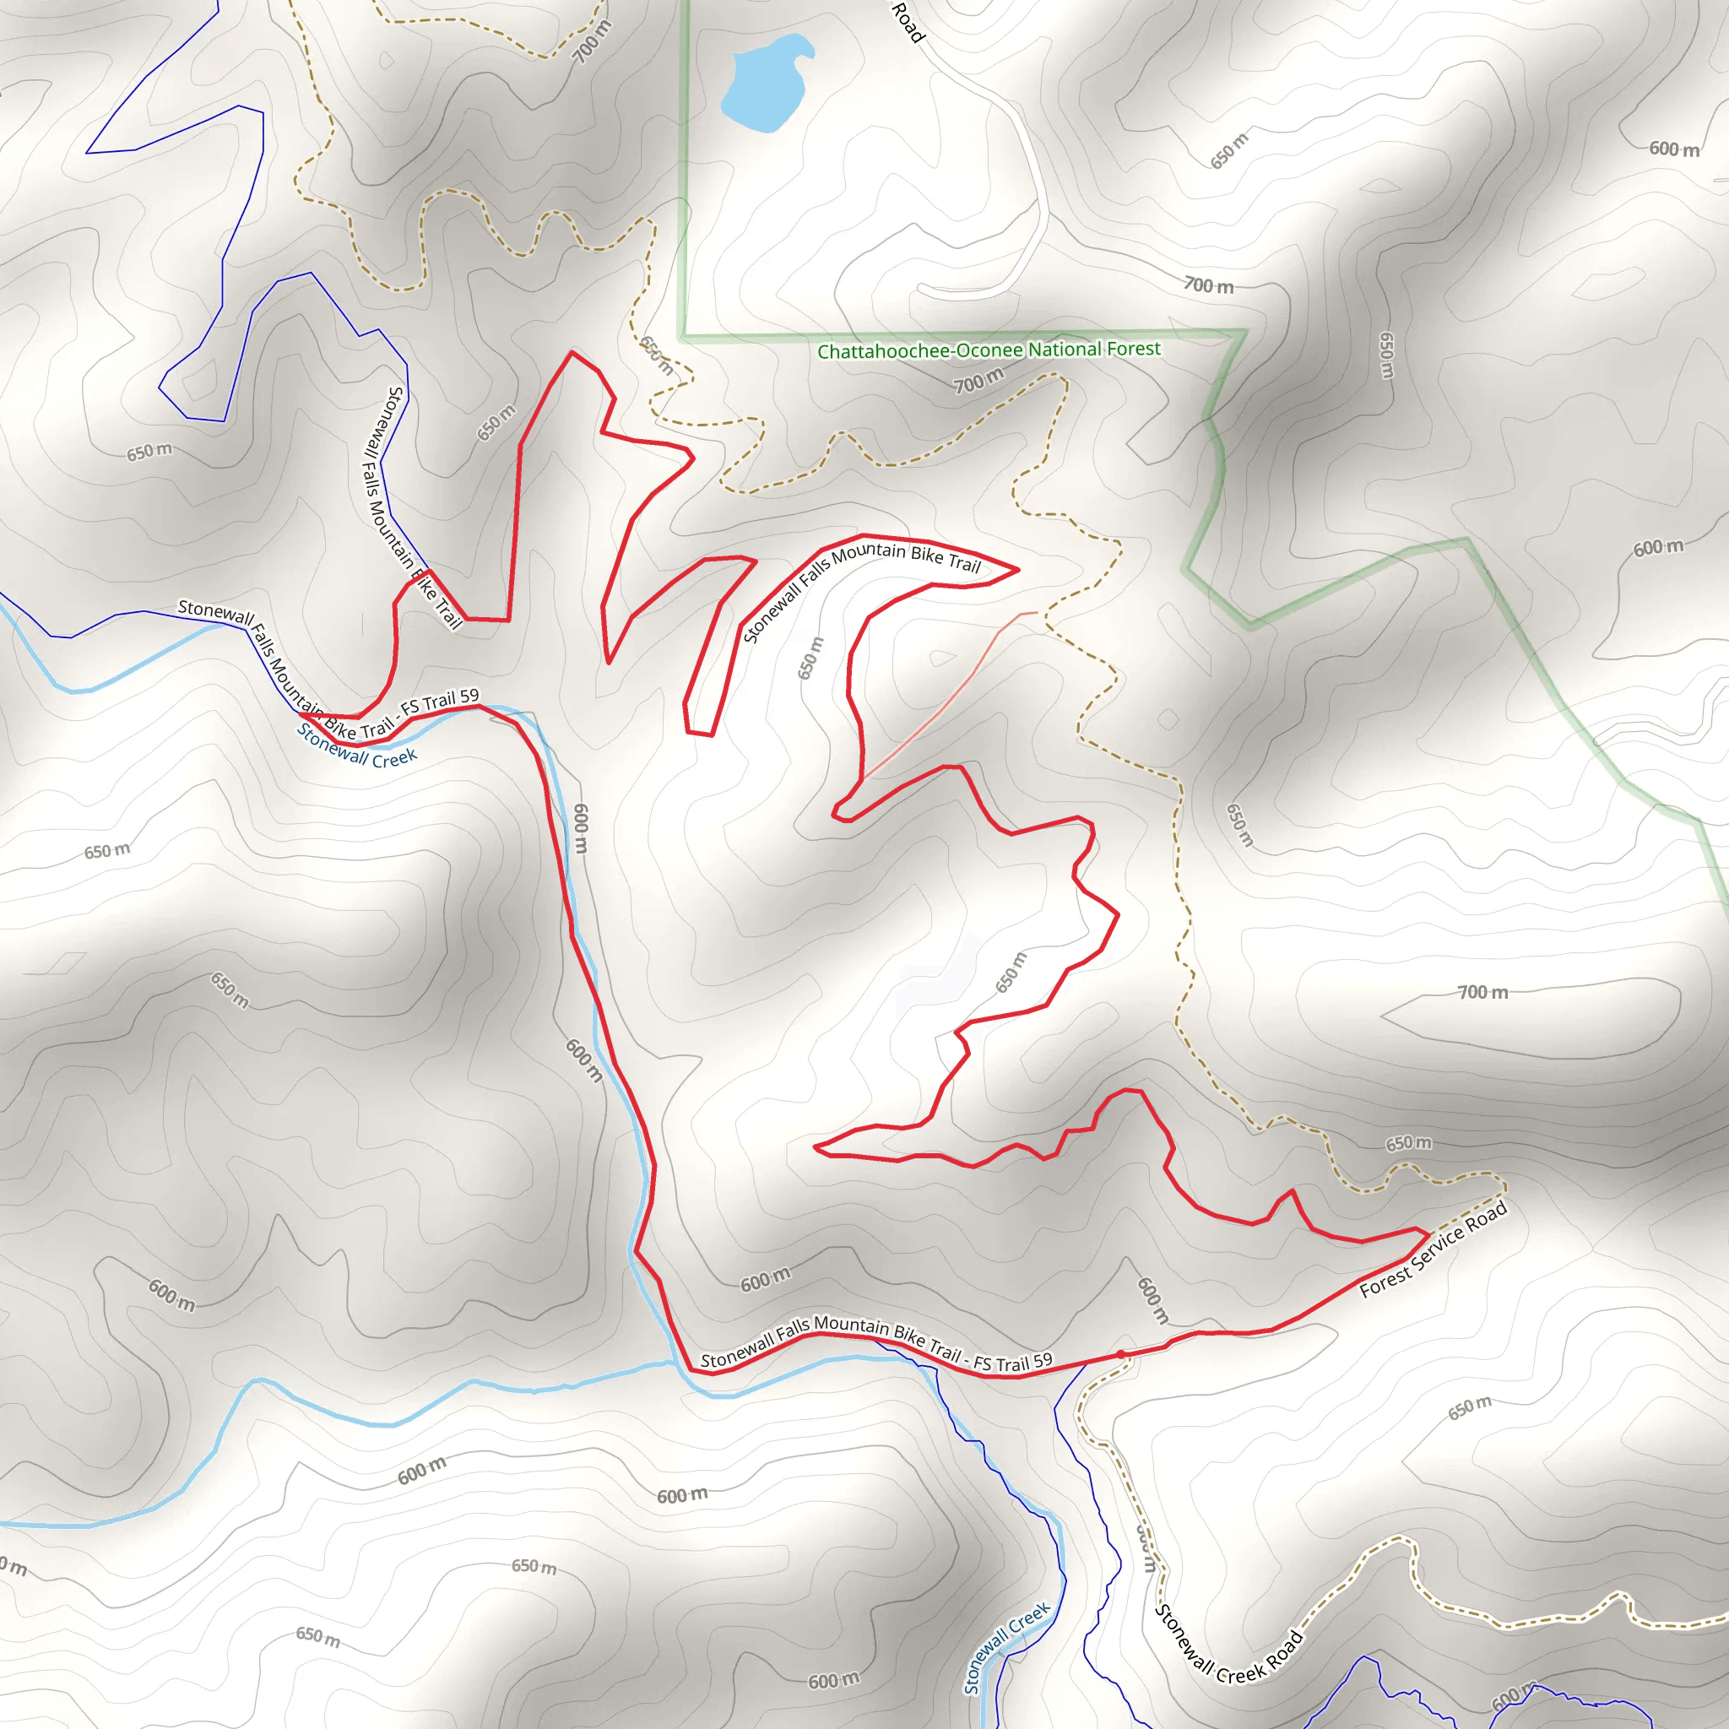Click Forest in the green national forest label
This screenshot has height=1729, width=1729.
tap(1134, 348)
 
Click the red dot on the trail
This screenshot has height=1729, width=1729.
tap(1120, 1354)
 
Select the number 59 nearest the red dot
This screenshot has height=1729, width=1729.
tap(1042, 1361)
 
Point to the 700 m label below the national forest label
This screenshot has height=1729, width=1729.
tap(978, 383)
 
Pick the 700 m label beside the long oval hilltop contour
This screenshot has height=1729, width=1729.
tap(1482, 993)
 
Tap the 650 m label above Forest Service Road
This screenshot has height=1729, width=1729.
tap(1409, 1144)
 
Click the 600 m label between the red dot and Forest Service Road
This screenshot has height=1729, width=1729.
tap(1152, 1300)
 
